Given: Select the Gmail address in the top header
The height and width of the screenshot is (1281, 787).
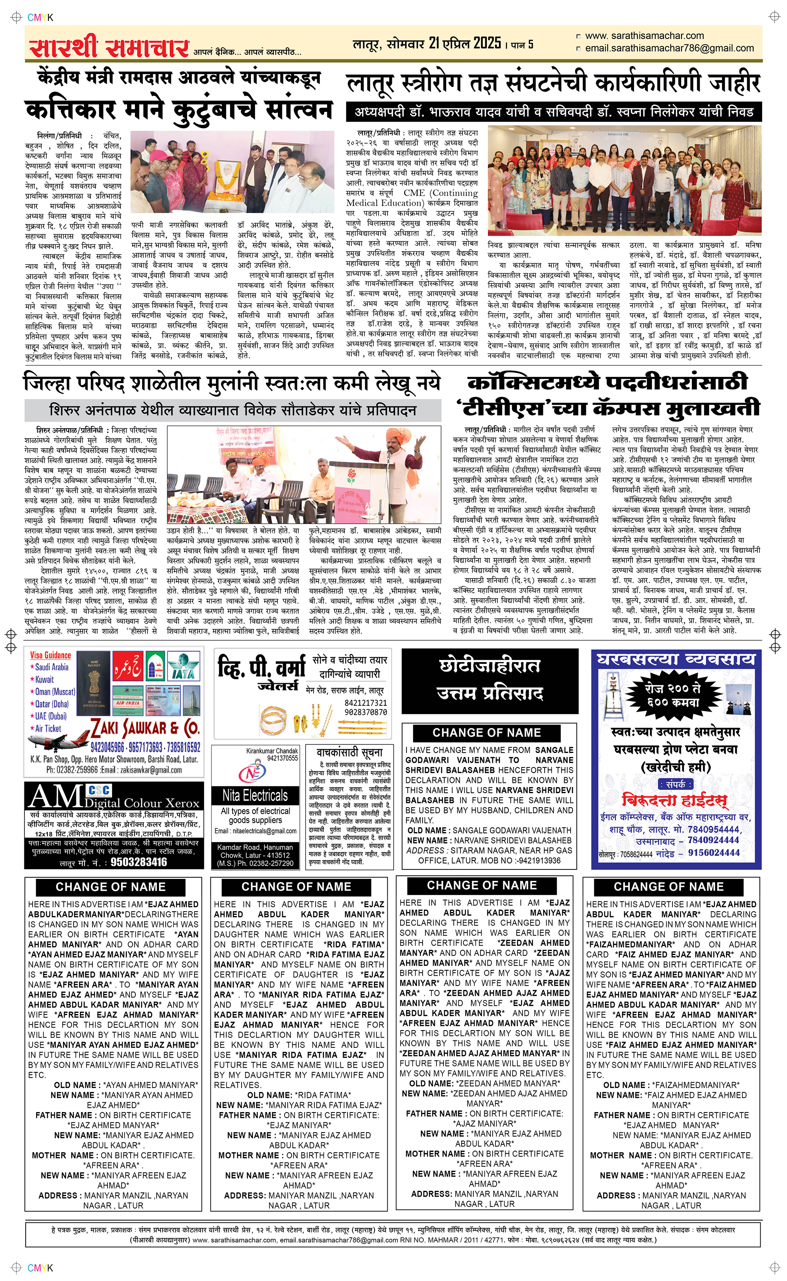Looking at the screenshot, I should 669,48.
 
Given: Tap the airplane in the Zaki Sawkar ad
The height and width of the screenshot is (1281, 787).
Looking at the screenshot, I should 58,738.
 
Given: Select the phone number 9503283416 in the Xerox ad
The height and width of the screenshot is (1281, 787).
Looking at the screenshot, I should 139,862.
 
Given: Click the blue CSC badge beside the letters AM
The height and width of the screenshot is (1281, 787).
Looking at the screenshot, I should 99,790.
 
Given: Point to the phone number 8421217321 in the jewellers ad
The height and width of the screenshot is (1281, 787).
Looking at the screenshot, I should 366,703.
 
